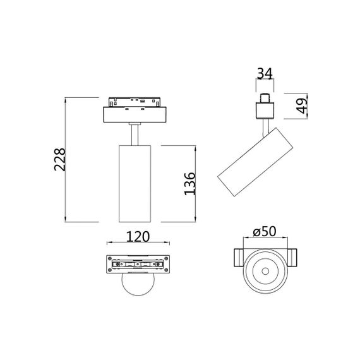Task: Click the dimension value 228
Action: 58,161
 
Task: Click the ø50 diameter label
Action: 265,232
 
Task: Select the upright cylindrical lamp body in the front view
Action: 134,183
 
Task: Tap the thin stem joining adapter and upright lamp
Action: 134,135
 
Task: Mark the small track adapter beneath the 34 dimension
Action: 265,107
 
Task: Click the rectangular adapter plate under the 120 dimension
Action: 138,264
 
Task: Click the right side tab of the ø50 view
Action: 293,258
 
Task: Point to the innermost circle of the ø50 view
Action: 265,272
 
